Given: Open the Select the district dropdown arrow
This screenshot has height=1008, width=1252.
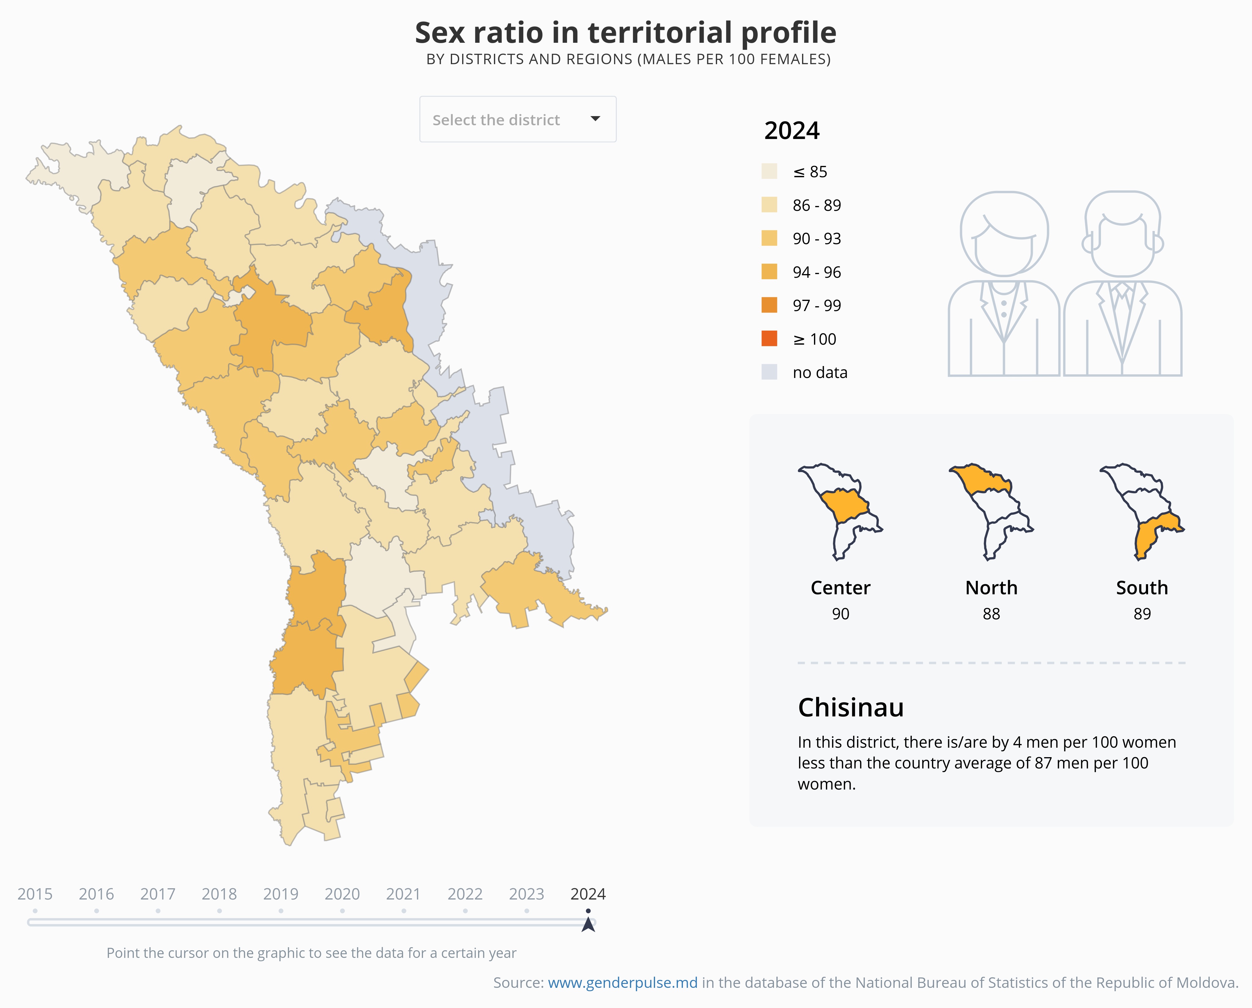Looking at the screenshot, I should [x=595, y=119].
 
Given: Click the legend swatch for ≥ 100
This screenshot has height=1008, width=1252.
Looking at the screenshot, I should [x=769, y=339].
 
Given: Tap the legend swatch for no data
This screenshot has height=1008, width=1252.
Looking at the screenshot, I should [x=769, y=372].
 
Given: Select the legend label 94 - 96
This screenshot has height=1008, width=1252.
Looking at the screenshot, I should [x=816, y=272].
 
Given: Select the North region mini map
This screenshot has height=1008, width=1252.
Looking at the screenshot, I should [x=991, y=511].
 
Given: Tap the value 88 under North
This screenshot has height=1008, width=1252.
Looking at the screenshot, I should [x=991, y=614].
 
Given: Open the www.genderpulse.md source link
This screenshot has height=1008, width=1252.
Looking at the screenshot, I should [x=623, y=982].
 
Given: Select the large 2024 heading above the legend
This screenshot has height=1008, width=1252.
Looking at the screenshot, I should [x=791, y=131].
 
